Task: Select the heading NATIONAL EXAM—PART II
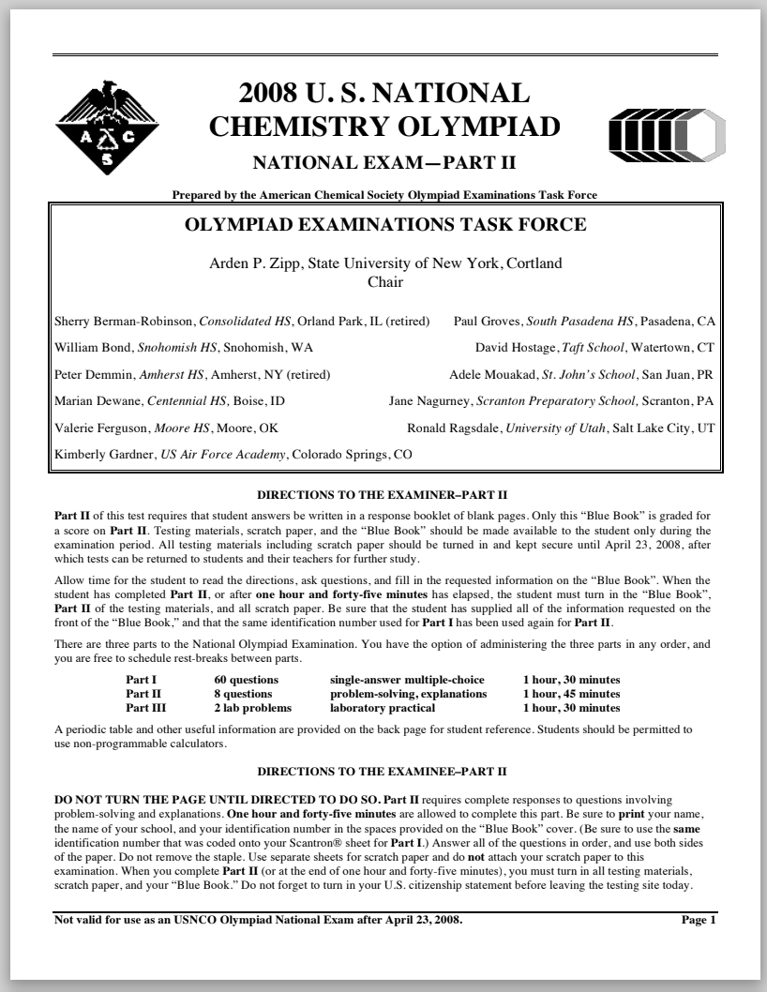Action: click(384, 163)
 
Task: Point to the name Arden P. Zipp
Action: click(250, 263)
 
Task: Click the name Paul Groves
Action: click(487, 322)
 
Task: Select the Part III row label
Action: click(145, 708)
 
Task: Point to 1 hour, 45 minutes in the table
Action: click(571, 694)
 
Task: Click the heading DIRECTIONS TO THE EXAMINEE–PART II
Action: click(383, 772)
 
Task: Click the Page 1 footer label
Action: click(699, 919)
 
